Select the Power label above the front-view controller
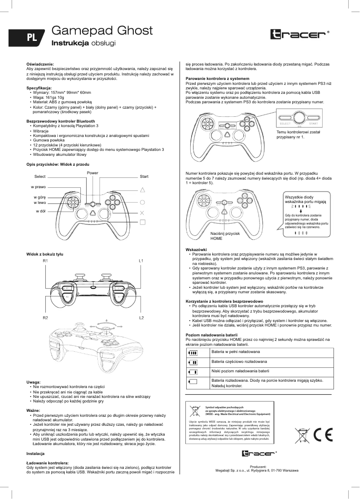(92, 173)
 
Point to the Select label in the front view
(40, 177)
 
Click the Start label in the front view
(144, 177)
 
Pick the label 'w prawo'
(38, 186)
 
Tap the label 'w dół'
(40, 211)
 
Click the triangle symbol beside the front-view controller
(143, 190)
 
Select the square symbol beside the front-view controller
(143, 221)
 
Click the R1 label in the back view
(45, 261)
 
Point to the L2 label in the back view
(141, 318)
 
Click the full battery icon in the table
(193, 353)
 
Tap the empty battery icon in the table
(193, 382)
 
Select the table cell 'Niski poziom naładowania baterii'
(240, 371)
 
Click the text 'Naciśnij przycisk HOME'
(225, 236)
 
